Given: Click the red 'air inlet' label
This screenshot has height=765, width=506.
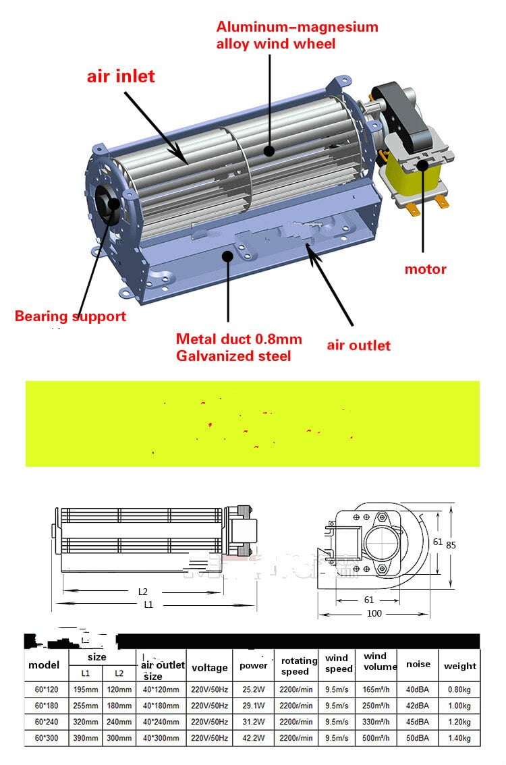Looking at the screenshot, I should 121,76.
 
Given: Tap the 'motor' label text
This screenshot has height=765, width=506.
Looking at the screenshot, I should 425,269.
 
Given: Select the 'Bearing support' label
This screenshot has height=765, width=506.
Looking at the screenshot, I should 70,316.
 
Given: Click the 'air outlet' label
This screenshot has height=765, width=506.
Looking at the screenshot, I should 358,345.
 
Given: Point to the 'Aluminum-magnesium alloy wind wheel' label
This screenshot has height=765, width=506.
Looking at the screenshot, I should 297,36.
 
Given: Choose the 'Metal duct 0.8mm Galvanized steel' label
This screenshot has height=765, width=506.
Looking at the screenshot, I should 239,347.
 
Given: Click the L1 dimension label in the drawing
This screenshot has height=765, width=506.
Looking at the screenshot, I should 148,605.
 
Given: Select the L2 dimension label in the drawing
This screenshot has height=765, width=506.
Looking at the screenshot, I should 142,592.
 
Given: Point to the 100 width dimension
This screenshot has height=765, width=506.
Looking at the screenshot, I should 374,613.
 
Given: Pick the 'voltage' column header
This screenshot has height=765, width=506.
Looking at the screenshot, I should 209,668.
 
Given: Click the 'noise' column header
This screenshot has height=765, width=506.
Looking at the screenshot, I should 418,664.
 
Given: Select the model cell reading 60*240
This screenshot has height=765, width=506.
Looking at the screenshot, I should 47,722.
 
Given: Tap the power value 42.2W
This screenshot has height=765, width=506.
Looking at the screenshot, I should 253,738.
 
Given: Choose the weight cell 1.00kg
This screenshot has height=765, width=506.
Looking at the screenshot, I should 459,706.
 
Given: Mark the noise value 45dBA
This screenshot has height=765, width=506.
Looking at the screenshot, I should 418,722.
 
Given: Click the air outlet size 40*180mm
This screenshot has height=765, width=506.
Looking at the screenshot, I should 161,706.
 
